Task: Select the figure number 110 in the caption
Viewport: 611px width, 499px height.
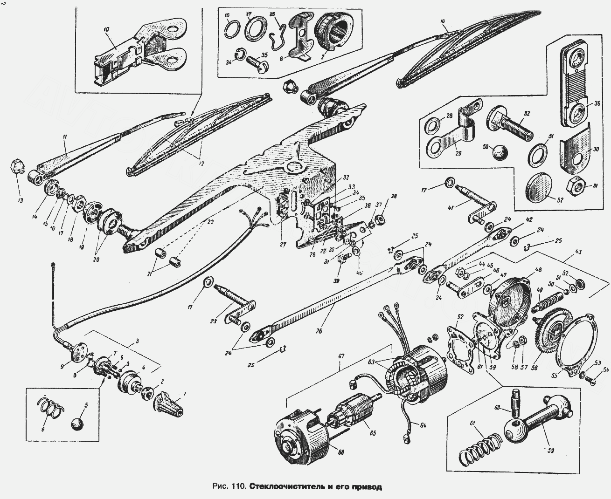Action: coord(238,487)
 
